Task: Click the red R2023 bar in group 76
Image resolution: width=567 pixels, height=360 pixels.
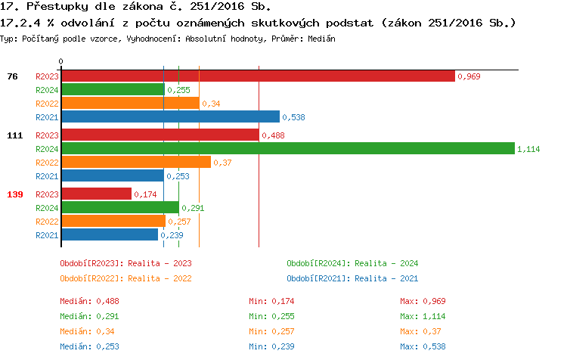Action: pyautogui.click(x=258, y=76)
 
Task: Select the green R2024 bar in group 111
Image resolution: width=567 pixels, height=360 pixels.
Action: pyautogui.click(x=287, y=149)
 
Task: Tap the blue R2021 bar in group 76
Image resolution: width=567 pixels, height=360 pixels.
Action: pyautogui.click(x=170, y=117)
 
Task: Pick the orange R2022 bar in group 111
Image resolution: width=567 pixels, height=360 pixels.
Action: pyautogui.click(x=135, y=163)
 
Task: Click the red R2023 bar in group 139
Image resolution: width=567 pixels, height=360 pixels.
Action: pyautogui.click(x=96, y=194)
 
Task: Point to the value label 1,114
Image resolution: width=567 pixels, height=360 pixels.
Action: pyautogui.click(x=528, y=149)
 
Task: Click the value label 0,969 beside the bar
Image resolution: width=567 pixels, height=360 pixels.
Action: pyautogui.click(x=469, y=76)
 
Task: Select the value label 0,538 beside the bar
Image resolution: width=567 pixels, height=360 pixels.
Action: pyautogui.click(x=293, y=117)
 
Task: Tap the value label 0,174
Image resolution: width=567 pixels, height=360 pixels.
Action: pyautogui.click(x=144, y=194)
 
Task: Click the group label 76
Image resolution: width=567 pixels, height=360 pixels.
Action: pyautogui.click(x=12, y=76)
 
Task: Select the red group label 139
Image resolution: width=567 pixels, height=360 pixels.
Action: pyautogui.click(x=14, y=194)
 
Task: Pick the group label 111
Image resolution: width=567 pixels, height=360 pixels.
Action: pyautogui.click(x=14, y=135)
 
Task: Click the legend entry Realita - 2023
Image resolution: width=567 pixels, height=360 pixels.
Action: pyautogui.click(x=125, y=263)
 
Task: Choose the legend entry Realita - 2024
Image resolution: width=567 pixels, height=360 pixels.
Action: pyautogui.click(x=352, y=263)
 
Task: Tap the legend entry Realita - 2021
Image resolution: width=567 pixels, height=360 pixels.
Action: pyautogui.click(x=352, y=278)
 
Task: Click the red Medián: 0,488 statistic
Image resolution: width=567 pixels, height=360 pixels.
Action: pyautogui.click(x=89, y=301)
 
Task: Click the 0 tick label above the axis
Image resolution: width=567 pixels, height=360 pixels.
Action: pyautogui.click(x=61, y=61)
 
